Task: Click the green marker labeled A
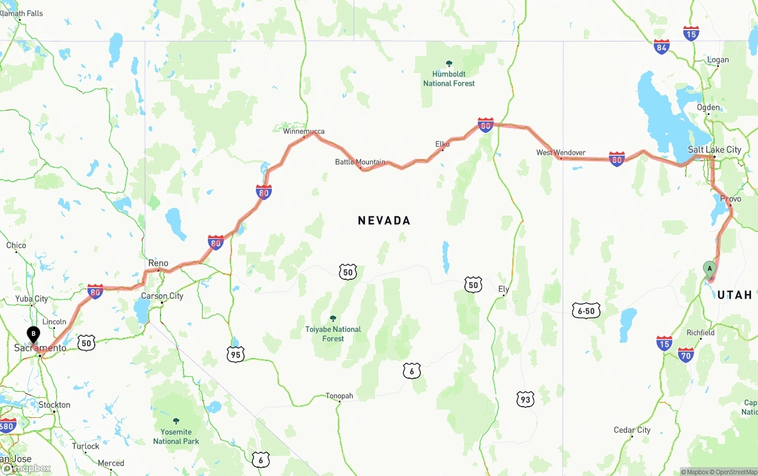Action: coord(709,269)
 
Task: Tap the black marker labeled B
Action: coord(34,334)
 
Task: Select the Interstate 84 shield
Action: coord(661,47)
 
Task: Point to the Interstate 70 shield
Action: coord(686,354)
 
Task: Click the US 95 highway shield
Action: coord(236,354)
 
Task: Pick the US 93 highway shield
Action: coord(525,399)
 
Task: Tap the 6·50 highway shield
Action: coord(586,311)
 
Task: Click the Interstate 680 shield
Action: coord(7,426)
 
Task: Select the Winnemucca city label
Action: coord(304,131)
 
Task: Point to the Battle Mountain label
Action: coord(360,162)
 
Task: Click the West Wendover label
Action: coord(561,152)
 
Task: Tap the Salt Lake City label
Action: coord(714,149)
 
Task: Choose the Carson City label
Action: coord(162,296)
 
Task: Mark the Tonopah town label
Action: coord(339,396)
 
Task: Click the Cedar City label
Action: coord(632,430)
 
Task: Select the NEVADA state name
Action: coord(384,221)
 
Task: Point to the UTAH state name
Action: coord(734,295)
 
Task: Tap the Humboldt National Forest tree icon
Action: coord(449,63)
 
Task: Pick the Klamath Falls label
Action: coord(22,13)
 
